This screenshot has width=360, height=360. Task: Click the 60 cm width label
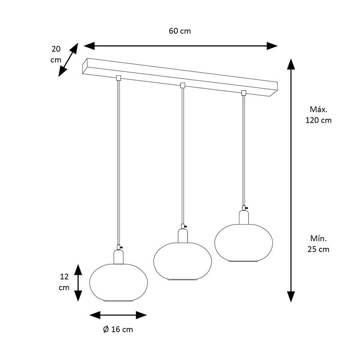click(180, 31)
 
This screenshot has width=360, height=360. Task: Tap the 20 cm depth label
click(56, 54)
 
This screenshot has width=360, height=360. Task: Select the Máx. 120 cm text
click(319, 115)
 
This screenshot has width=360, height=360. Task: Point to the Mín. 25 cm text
click(319, 244)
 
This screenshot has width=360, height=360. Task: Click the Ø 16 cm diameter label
click(118, 329)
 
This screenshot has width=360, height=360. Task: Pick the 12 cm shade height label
click(64, 282)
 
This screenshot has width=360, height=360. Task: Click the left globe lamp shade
click(118, 283)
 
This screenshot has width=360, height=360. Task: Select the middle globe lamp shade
click(183, 261)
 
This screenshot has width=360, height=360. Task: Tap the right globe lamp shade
click(243, 243)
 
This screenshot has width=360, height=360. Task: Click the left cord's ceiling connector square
click(118, 78)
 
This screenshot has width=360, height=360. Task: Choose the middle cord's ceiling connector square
click(183, 85)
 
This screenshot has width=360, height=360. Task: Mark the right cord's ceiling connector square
click(243, 93)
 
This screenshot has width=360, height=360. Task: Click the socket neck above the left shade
click(118, 257)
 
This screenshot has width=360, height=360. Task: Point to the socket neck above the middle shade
click(183, 236)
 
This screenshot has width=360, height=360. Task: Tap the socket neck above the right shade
click(244, 217)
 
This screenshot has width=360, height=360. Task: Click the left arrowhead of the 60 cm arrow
click(89, 46)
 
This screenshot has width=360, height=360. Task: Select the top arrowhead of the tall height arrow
click(291, 64)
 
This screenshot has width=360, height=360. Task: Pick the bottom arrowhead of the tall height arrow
click(291, 297)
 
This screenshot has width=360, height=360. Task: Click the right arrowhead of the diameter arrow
click(141, 315)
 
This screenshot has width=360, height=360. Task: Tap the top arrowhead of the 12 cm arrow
click(78, 270)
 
